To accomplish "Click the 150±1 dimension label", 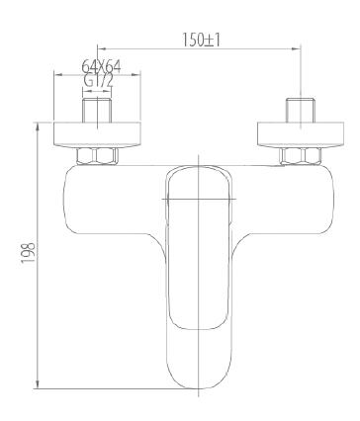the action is pos(201,40).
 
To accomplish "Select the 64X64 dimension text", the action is pos(101,67).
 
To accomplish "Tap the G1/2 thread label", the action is pos(99,81).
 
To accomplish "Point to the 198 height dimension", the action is pos(29,253).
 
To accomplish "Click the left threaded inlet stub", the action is pos(98,111).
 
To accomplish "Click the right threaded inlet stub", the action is pos(301,111).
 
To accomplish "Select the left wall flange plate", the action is pos(97,134).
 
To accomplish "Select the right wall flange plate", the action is pos(301,134).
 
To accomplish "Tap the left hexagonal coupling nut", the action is pos(97,156).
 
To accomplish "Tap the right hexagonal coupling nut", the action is pos(301,156).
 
